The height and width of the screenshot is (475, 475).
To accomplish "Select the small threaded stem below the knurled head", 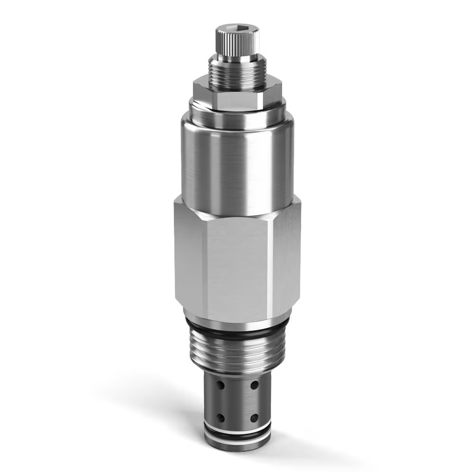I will (x=237, y=76).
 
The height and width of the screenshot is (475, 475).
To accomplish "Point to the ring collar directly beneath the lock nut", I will (x=237, y=114).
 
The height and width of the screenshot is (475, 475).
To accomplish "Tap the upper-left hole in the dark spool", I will (x=220, y=384).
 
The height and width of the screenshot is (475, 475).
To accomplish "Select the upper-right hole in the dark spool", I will (x=255, y=384).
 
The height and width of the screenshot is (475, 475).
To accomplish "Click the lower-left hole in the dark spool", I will (x=220, y=418).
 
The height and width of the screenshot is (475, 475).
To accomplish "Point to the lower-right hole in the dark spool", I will (x=255, y=418).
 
